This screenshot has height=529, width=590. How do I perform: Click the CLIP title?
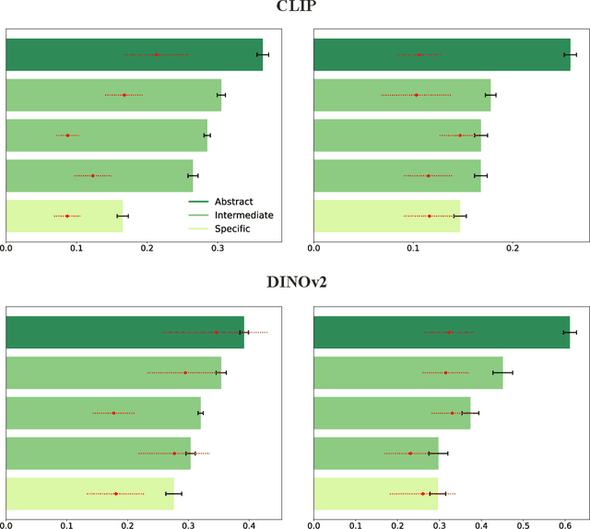294,7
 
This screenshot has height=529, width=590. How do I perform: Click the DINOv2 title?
294,281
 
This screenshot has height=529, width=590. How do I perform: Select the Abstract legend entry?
233,202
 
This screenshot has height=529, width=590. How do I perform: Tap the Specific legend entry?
232,229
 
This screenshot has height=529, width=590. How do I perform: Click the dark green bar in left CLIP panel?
135,55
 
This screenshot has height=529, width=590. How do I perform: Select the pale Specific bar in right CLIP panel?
386,216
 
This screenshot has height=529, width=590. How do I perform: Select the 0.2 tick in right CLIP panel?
513,248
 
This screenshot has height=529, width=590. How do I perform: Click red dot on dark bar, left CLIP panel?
156,55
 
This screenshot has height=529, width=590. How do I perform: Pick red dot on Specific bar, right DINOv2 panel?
422,494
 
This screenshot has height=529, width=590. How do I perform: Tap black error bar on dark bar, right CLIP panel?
570,55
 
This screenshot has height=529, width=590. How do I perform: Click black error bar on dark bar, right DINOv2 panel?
570,332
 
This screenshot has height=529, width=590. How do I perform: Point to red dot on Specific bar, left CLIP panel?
67,216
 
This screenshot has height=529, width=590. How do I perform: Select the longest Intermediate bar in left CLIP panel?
113,95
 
